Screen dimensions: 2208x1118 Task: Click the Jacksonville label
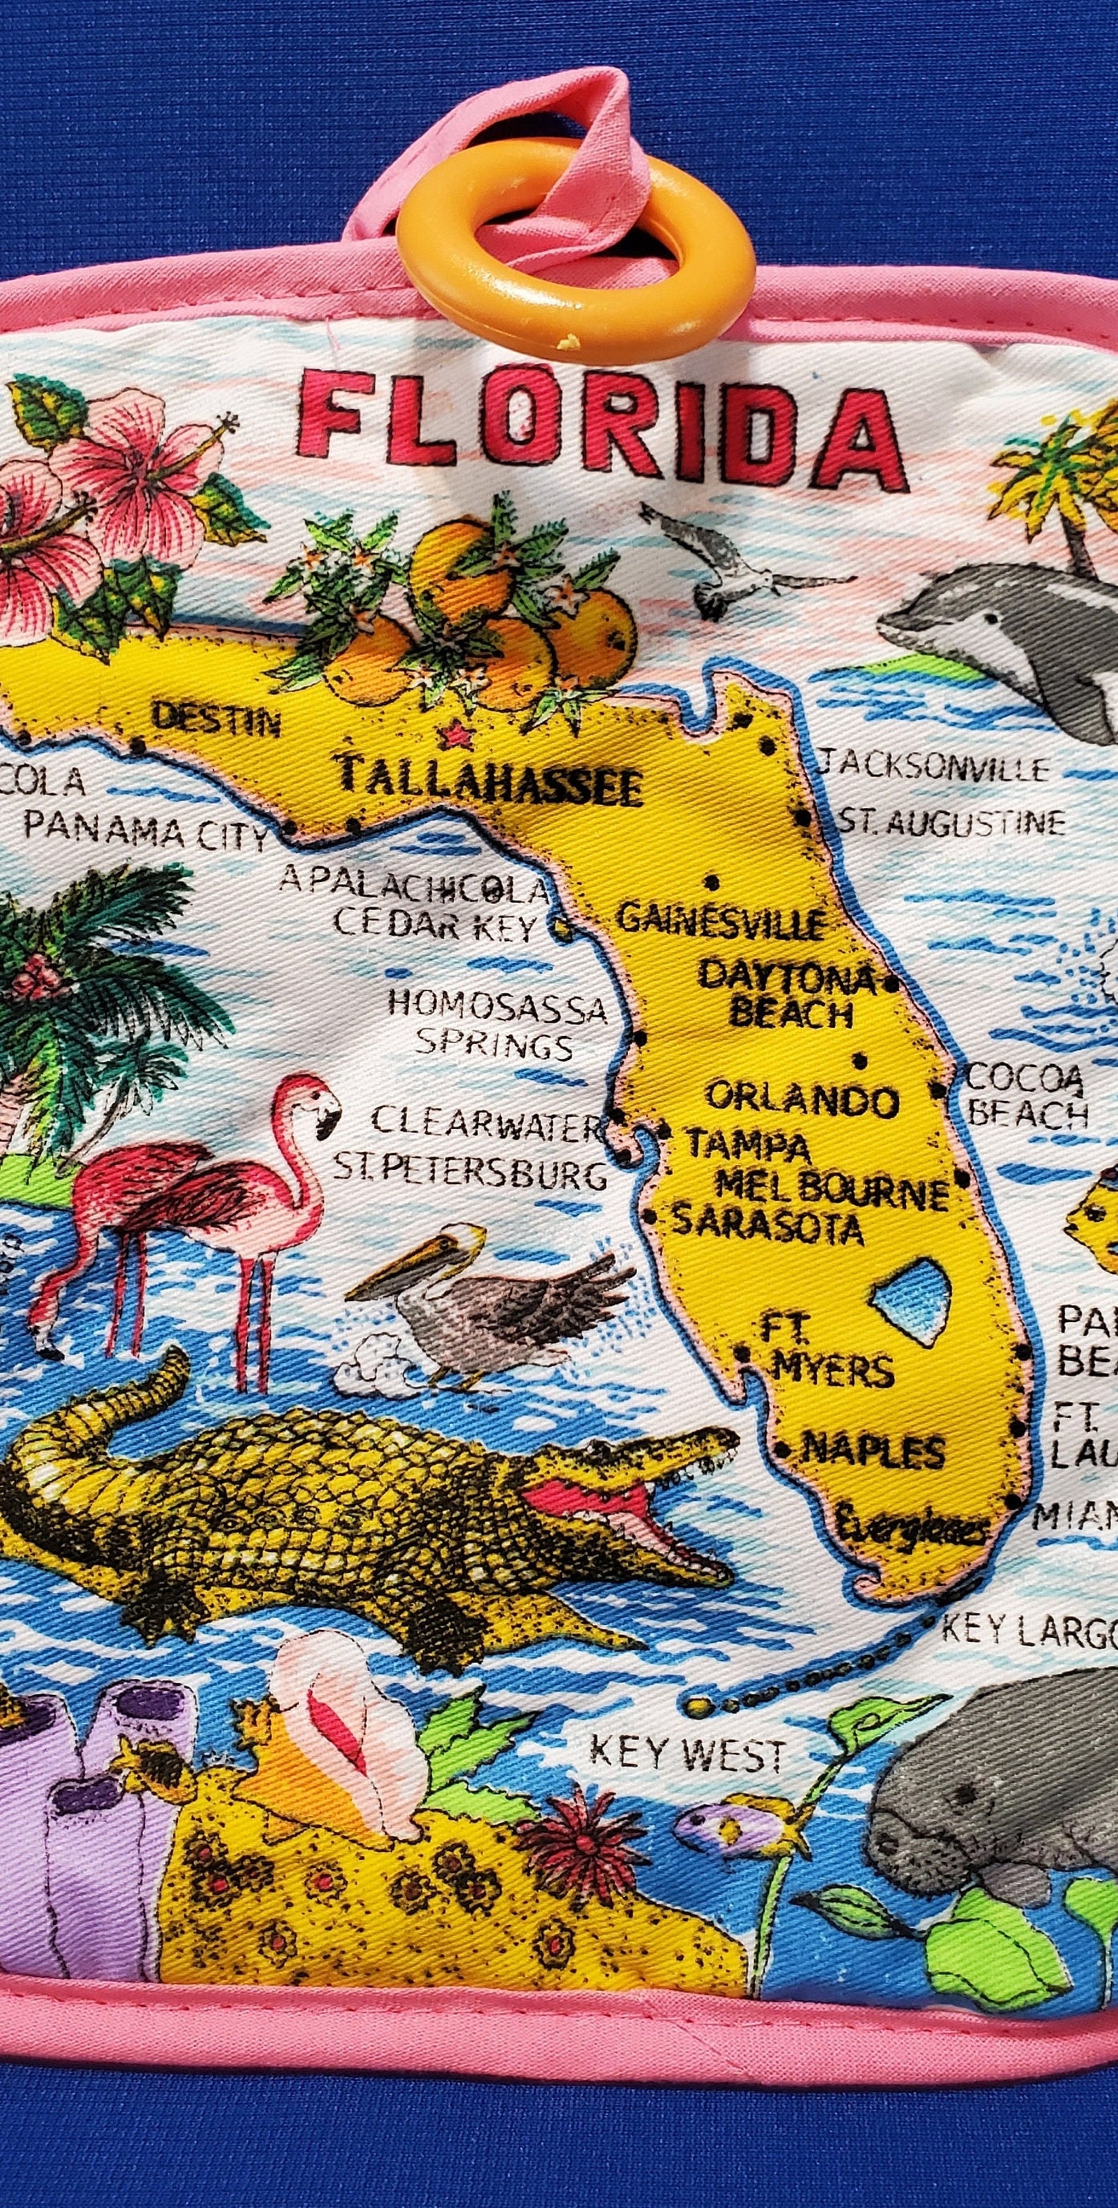tap(934, 764)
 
